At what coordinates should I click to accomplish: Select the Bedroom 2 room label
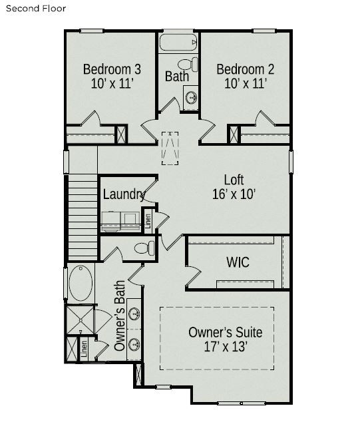pos(246,69)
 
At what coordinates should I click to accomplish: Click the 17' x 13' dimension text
pos(225,347)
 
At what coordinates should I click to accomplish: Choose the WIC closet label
pos(237,262)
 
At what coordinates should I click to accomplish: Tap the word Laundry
pos(124,194)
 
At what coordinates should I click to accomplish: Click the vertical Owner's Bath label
pos(120,316)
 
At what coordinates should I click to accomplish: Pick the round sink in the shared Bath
pos(190,97)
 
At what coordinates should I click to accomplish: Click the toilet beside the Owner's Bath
pos(143,248)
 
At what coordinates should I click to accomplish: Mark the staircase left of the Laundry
pos(83,213)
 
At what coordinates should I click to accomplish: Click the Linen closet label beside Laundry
pos(148,220)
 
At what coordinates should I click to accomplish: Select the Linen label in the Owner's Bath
pos(84,349)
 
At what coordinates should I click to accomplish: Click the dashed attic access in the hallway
pos(170,147)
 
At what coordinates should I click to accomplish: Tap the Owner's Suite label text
pos(225,332)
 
